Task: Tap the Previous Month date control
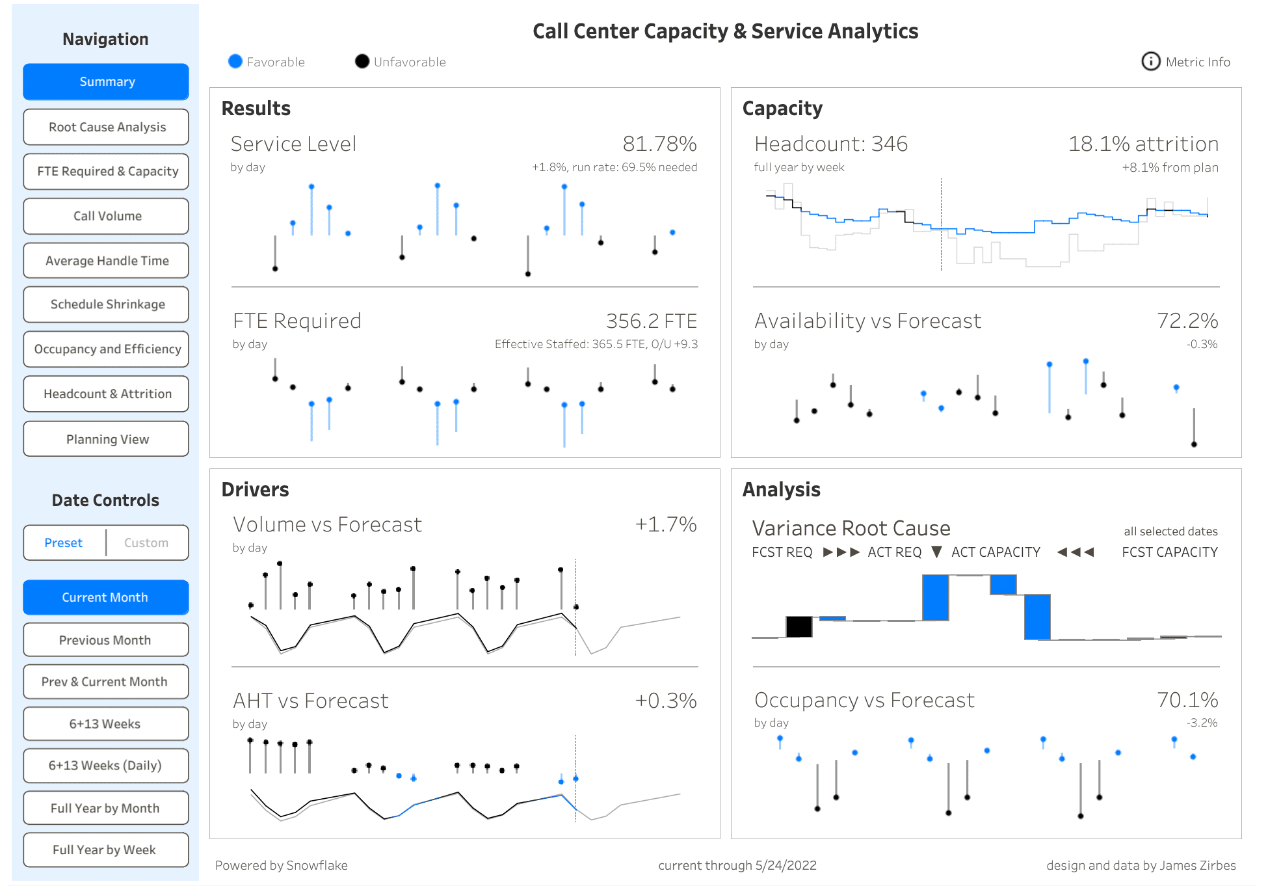(x=106, y=640)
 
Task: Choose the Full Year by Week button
(x=106, y=850)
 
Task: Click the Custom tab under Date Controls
(x=146, y=543)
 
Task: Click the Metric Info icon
(x=1150, y=62)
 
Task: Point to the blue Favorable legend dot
(x=235, y=62)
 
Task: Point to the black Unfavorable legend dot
(x=362, y=62)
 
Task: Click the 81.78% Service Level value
(x=659, y=144)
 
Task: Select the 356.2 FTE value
(x=651, y=321)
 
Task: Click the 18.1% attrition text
(x=1142, y=144)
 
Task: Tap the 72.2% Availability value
(x=1187, y=321)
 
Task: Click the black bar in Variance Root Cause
(x=799, y=626)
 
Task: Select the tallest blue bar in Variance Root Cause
(x=935, y=597)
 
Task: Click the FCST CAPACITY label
(x=1169, y=552)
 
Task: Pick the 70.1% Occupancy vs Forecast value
(x=1187, y=700)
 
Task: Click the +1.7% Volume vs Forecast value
(x=665, y=524)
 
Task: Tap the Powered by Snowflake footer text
(x=281, y=865)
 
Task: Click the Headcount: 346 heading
(x=830, y=144)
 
